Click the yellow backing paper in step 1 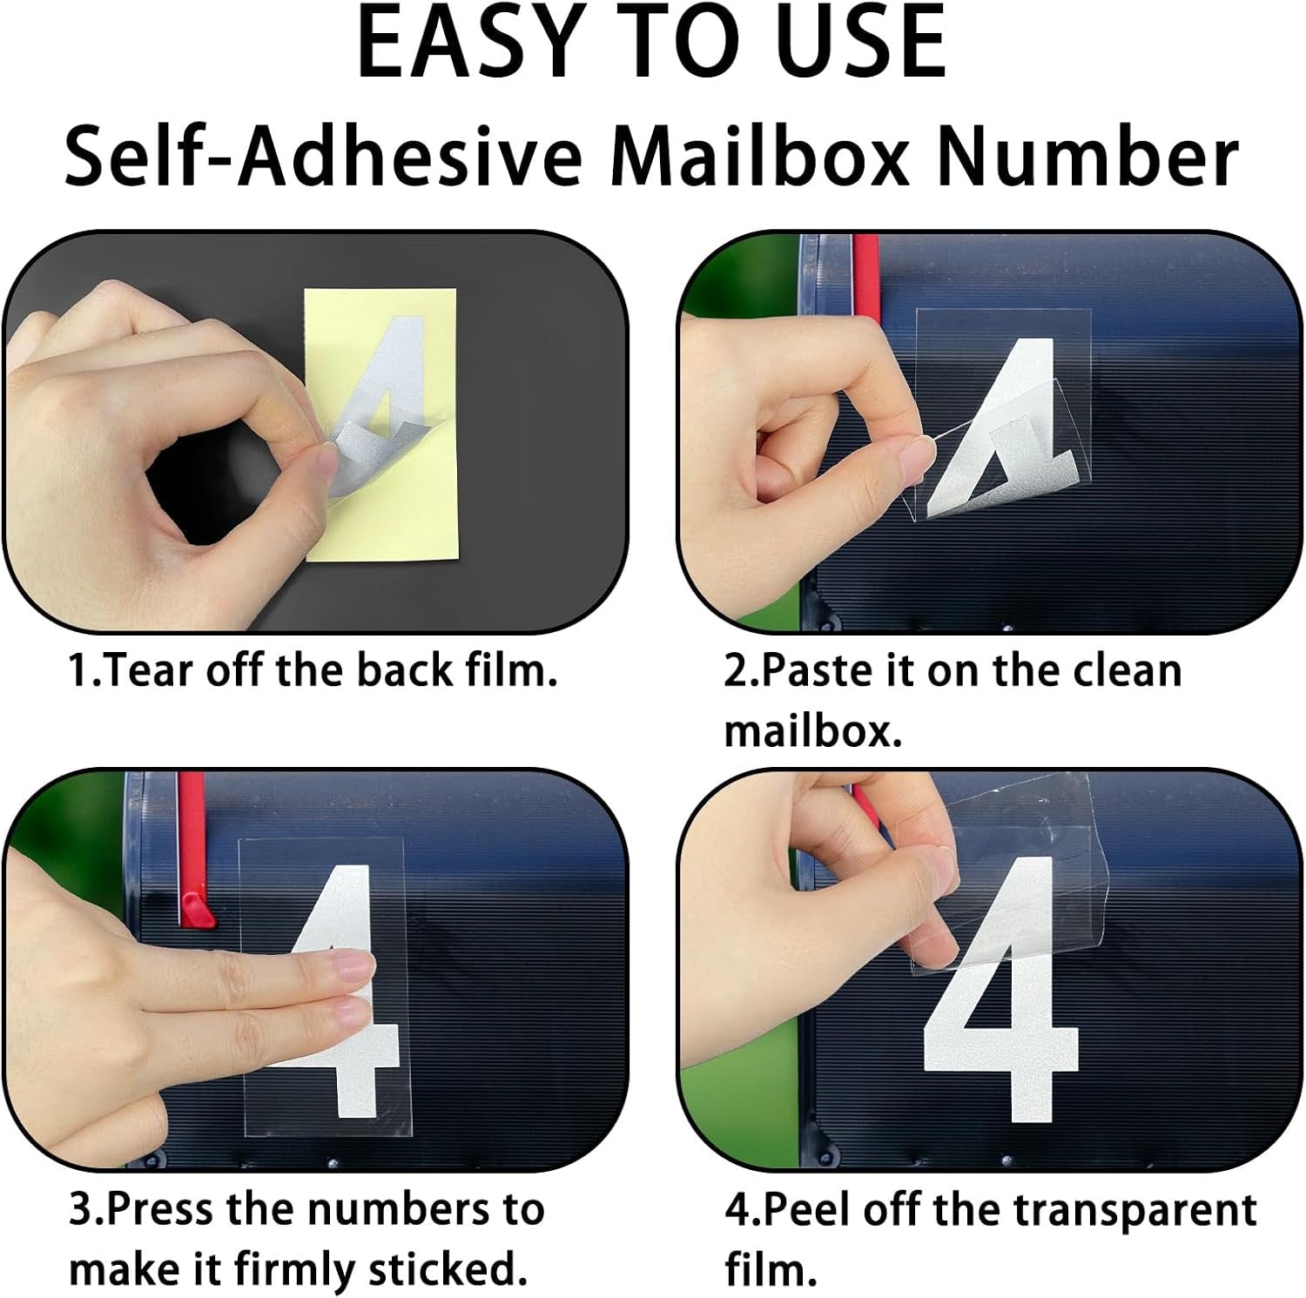(392, 557)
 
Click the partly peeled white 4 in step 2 (1001, 418)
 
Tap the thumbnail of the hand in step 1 (324, 460)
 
